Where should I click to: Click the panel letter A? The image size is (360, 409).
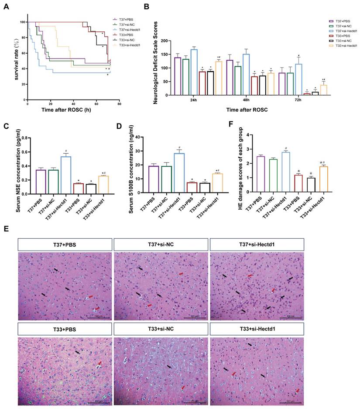[6, 6]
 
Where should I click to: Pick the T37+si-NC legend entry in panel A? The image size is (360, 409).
[120, 24]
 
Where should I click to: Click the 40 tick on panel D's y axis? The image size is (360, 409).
[145, 137]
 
